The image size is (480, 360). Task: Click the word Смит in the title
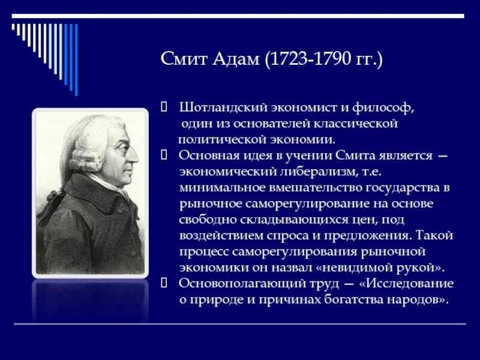[184, 60]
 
